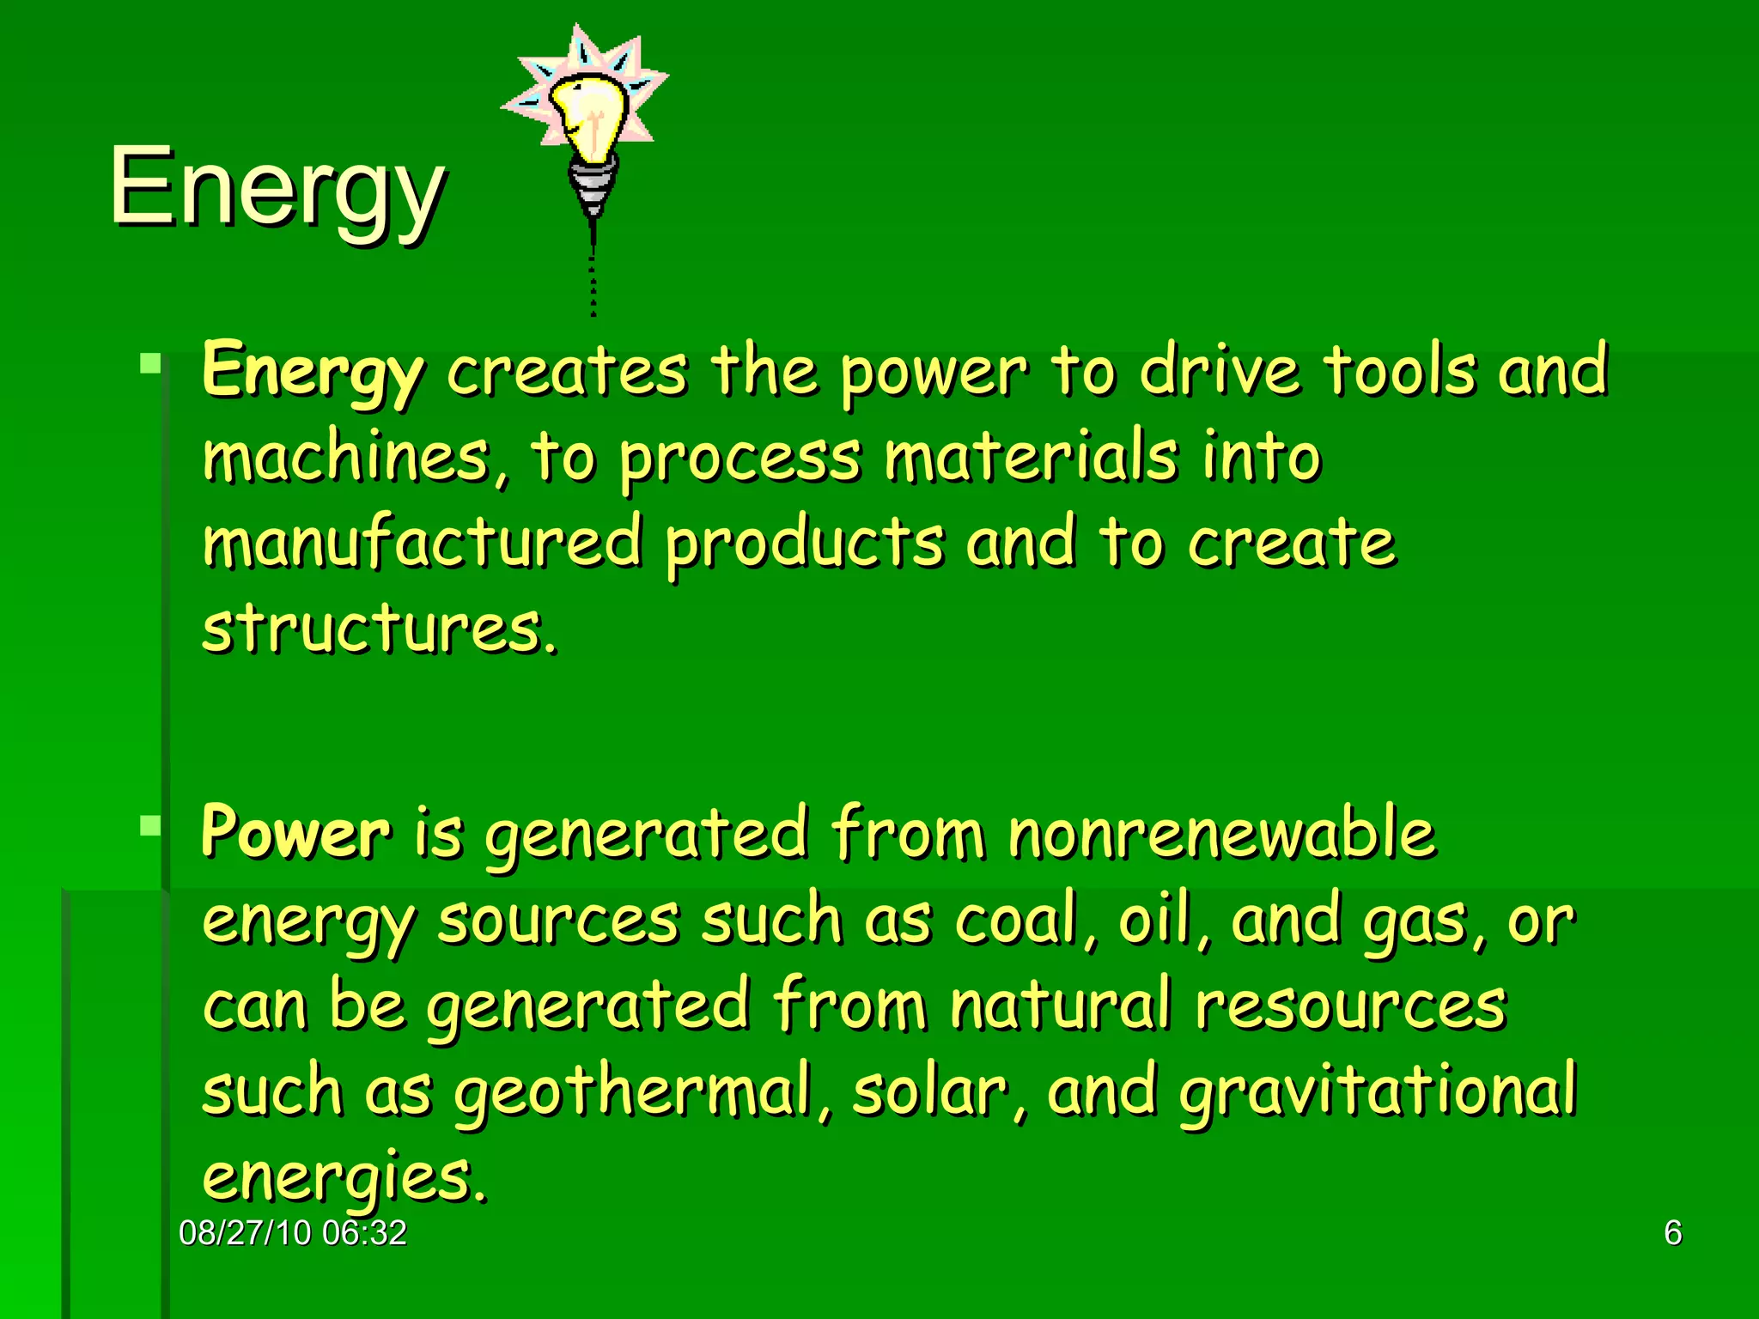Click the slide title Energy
coord(277,187)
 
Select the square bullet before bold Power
coord(150,826)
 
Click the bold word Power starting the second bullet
coord(295,833)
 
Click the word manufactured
coord(423,543)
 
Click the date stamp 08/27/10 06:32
coord(293,1233)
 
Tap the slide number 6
coord(1672,1233)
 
